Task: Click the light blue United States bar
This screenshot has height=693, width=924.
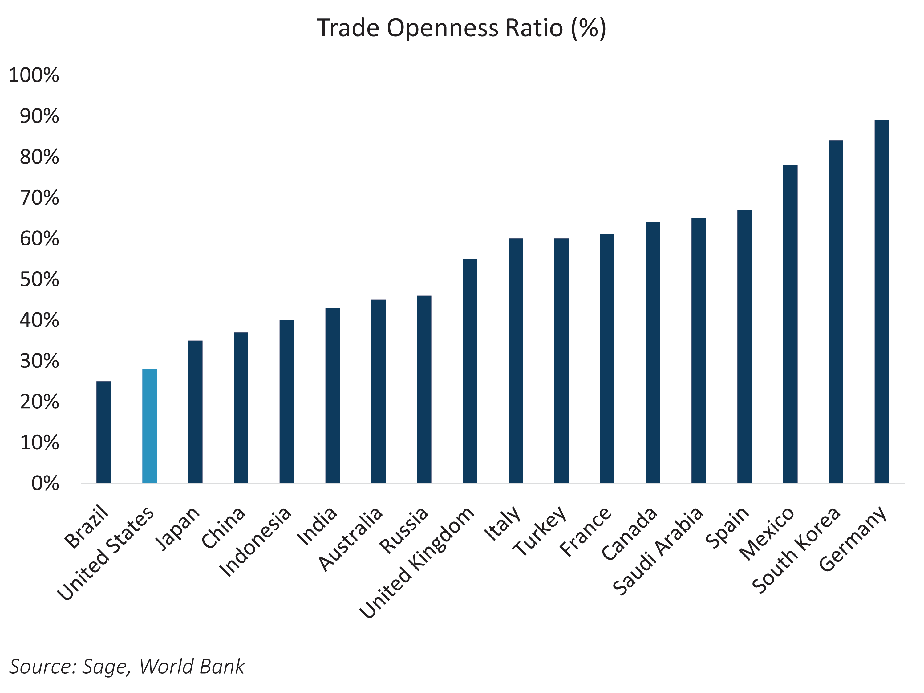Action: click(x=150, y=426)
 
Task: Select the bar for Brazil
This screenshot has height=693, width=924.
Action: click(x=103, y=432)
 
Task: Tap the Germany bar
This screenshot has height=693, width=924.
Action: click(x=881, y=302)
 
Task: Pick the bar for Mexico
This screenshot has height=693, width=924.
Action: click(x=790, y=324)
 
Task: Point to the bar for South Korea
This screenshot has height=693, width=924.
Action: click(x=836, y=312)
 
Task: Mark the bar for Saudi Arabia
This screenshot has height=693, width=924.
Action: click(x=699, y=351)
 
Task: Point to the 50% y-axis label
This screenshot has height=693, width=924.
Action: click(x=39, y=279)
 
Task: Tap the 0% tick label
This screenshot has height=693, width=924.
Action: click(x=45, y=484)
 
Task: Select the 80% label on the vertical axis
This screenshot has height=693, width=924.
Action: click(x=39, y=157)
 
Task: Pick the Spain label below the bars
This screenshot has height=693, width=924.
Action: click(x=727, y=527)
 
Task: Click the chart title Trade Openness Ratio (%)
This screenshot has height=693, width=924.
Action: click(x=462, y=28)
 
